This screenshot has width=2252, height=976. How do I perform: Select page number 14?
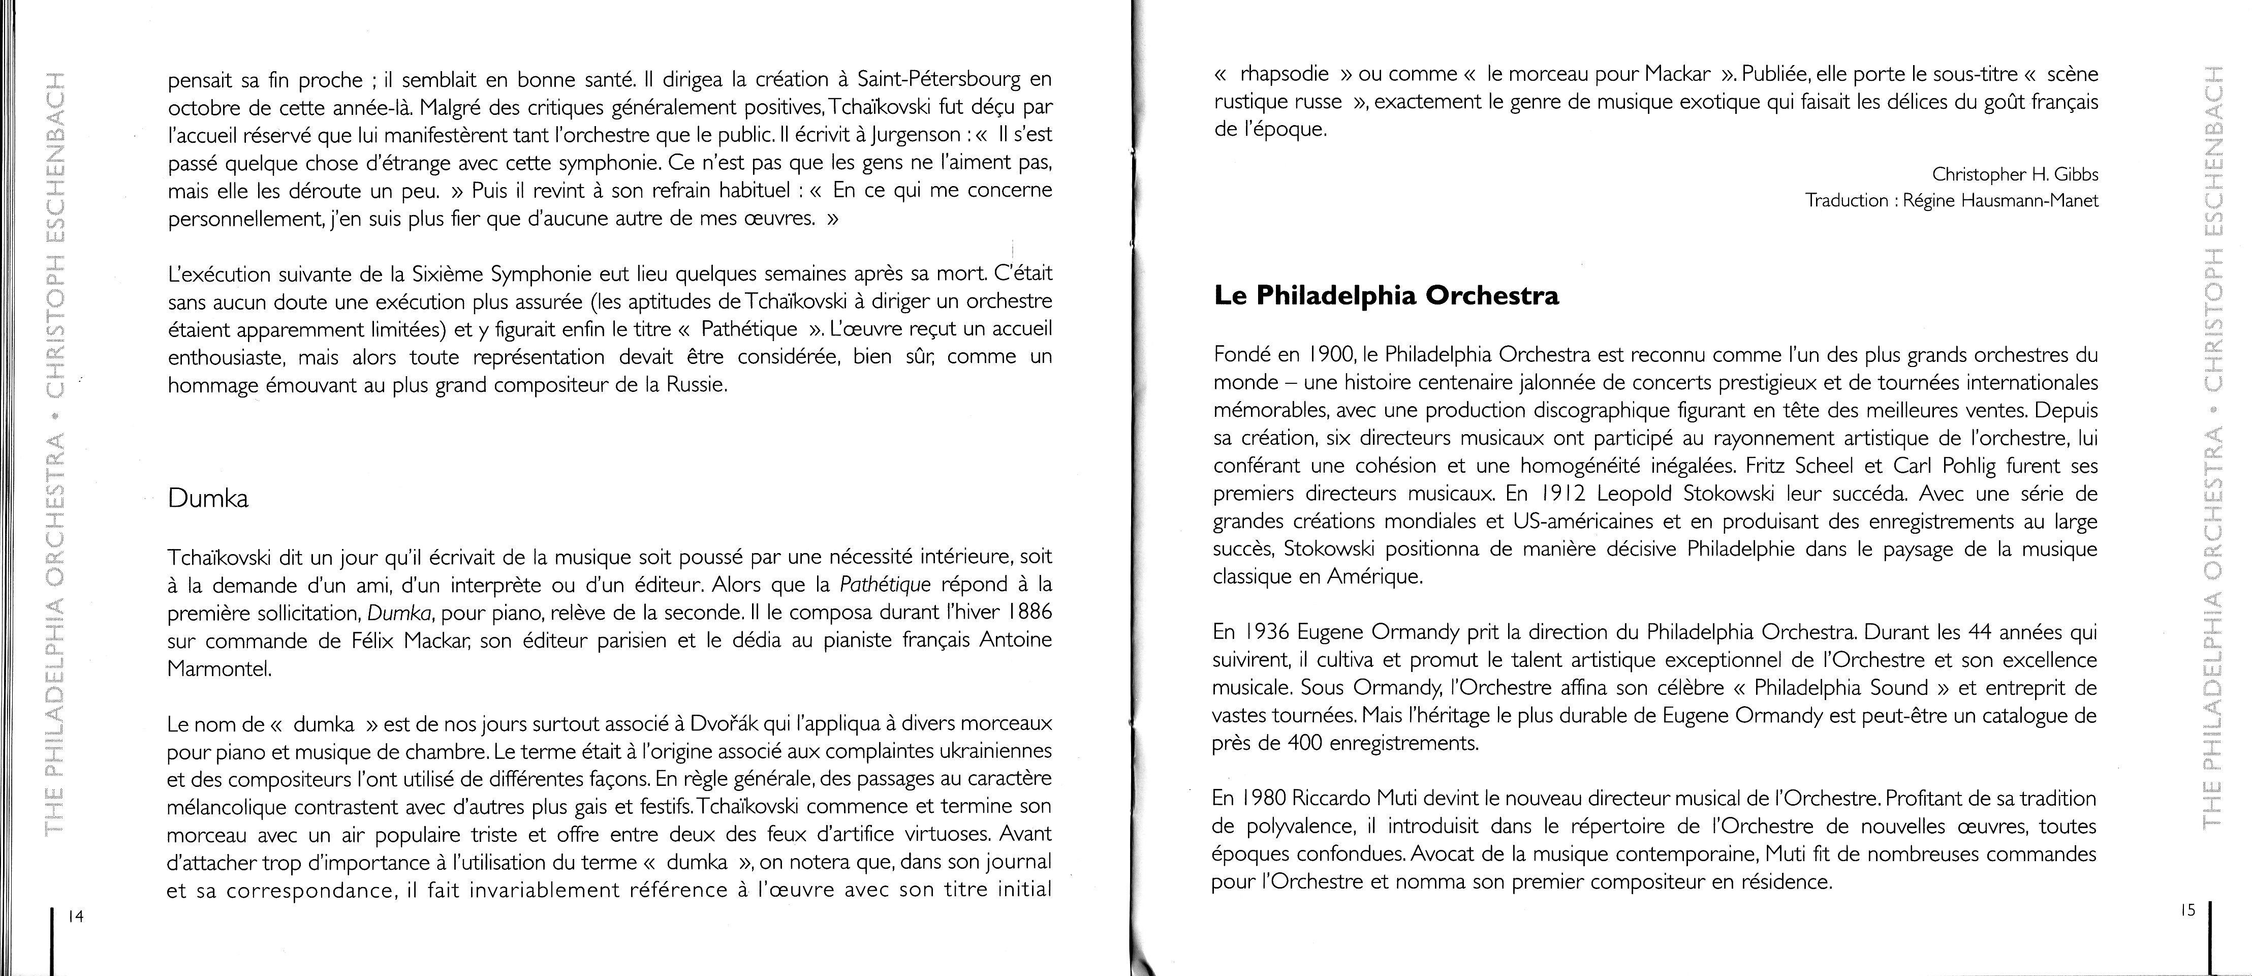75,917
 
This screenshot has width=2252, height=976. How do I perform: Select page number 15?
2187,910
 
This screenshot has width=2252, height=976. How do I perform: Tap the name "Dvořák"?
726,724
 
